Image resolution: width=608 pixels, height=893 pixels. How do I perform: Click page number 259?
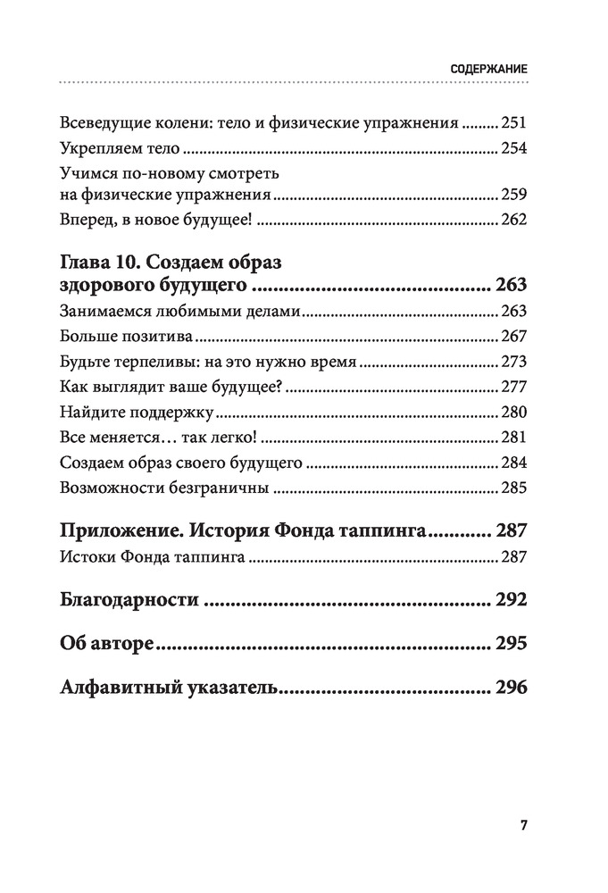tap(515, 194)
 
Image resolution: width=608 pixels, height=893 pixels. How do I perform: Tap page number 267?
tap(515, 337)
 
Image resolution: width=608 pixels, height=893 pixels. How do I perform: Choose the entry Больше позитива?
tap(127, 337)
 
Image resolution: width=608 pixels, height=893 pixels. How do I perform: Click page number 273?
tap(515, 363)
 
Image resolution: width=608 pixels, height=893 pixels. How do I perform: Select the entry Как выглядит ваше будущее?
tap(169, 388)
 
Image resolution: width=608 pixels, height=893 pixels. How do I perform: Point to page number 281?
tap(515, 438)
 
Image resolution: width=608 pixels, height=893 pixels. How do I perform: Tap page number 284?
tap(515, 463)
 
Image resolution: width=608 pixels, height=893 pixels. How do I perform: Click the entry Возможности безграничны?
tap(164, 488)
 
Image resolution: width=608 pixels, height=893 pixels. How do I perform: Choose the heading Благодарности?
tap(129, 599)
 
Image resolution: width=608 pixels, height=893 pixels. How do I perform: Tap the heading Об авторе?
tap(104, 644)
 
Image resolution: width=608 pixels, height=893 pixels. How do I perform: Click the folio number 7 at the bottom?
tap(523, 824)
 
